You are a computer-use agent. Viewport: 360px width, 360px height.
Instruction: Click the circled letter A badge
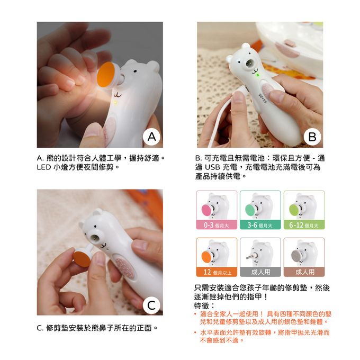coord(151,137)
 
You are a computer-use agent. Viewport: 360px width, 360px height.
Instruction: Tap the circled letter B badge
coord(312,137)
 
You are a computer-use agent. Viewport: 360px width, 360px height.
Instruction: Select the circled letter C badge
coord(151,305)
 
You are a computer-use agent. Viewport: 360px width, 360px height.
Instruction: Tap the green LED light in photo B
coord(258,75)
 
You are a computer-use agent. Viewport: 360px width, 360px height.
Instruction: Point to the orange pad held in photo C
coord(82,258)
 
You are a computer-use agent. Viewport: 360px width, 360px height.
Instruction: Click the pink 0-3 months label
coord(217,225)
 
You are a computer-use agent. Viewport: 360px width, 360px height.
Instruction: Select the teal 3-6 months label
coord(260,225)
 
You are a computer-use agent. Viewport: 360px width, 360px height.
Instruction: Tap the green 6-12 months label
coord(304,225)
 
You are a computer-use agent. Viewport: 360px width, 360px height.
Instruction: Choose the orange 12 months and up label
coord(217,272)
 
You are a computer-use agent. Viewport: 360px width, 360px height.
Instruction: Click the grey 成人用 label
coord(260,272)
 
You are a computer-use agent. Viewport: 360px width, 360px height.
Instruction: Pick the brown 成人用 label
coord(304,272)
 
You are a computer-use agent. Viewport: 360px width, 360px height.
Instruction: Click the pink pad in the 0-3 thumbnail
coord(207,211)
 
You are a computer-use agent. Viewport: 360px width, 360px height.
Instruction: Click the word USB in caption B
coord(212,167)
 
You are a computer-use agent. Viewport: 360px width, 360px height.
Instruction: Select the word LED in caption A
coord(44,167)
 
